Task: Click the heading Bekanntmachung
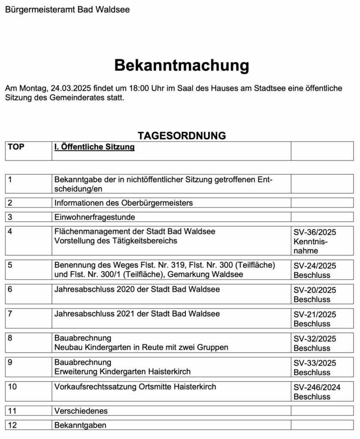pyautogui.click(x=182, y=66)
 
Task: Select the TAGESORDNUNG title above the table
pyautogui.click(x=182, y=135)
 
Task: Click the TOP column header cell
pyautogui.click(x=16, y=147)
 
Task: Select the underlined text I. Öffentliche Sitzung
pyautogui.click(x=94, y=147)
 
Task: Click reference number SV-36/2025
pyautogui.click(x=315, y=232)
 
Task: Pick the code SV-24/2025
pyautogui.click(x=315, y=266)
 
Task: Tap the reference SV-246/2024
pyautogui.click(x=317, y=388)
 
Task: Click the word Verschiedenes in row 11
pyautogui.click(x=81, y=411)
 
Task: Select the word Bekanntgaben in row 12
pyautogui.click(x=80, y=425)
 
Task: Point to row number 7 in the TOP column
pyautogui.click(x=10, y=314)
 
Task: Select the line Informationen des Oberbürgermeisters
pyautogui.click(x=124, y=202)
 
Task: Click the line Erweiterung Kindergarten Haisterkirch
pyautogui.click(x=122, y=371)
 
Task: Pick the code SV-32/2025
pyautogui.click(x=315, y=339)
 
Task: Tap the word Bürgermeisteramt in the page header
pyautogui.click(x=40, y=9)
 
